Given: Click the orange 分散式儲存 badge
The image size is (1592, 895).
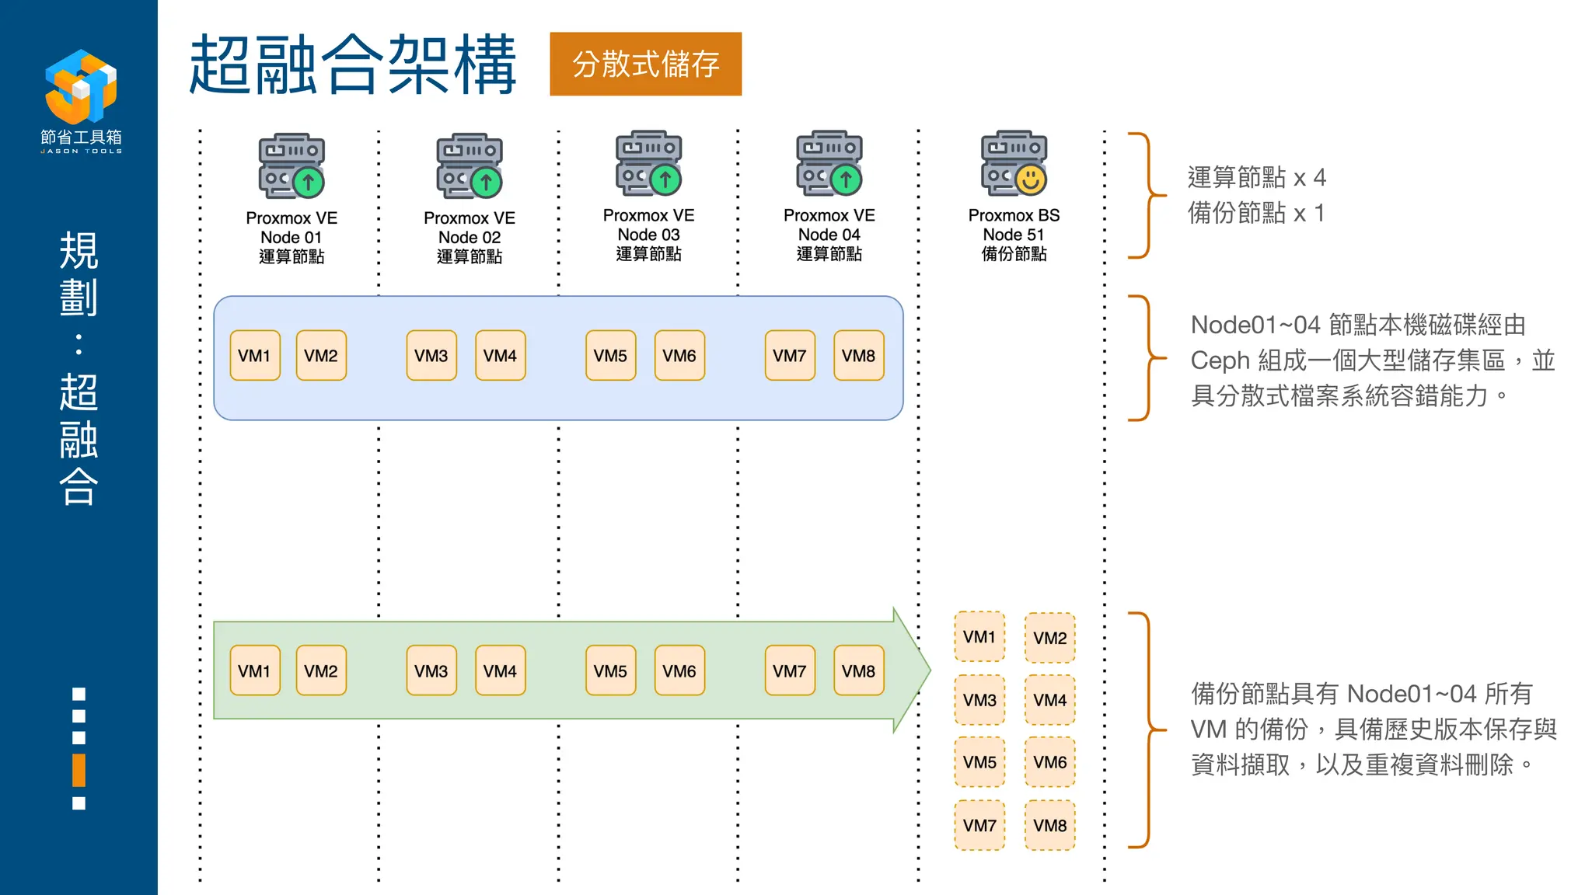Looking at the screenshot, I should (645, 64).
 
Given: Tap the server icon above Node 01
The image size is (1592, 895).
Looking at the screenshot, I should (292, 165).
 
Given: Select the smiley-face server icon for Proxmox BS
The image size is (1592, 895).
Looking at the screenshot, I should (1014, 163).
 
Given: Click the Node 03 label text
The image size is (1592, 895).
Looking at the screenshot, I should (648, 235).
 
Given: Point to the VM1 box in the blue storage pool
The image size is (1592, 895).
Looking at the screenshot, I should (254, 356).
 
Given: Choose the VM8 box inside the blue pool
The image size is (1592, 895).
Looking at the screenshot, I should (858, 356).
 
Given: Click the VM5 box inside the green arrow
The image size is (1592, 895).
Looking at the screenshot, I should (610, 670).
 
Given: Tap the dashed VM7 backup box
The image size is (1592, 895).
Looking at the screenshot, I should (979, 825).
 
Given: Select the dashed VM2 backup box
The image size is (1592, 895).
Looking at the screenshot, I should (1049, 638).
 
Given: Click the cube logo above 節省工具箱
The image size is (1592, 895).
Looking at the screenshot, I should (81, 85).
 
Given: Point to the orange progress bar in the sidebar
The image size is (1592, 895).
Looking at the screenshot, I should (79, 770).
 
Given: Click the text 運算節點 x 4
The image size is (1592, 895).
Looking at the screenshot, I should (1256, 178).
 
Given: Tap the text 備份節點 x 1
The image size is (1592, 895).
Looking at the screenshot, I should (1255, 213).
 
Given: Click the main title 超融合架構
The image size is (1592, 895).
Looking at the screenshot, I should (352, 64).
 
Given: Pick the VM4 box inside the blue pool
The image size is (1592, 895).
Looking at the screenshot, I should (500, 356).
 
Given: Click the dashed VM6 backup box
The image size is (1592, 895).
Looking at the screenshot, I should (1049, 762).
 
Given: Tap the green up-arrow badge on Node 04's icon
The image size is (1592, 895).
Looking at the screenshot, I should (846, 180).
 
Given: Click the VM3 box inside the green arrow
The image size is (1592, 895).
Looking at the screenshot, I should (431, 670).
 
